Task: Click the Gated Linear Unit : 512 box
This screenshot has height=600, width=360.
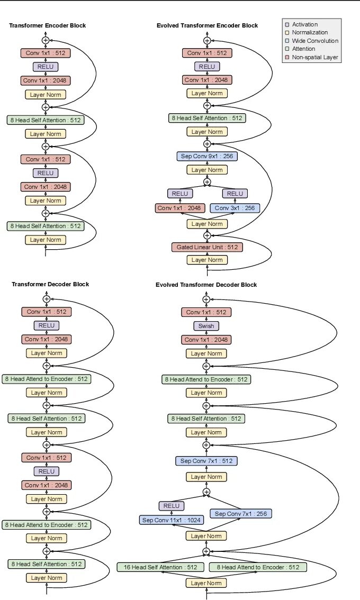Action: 207,247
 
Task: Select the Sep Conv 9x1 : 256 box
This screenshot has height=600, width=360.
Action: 207,156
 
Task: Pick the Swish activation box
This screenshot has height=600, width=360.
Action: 206,326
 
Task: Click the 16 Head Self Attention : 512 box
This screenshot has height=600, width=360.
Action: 160,567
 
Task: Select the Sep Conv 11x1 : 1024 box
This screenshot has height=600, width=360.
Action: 172,520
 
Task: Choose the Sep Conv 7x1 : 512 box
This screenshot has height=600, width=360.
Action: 206,461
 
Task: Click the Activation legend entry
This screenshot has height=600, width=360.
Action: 305,24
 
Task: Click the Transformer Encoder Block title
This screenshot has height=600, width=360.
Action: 48,25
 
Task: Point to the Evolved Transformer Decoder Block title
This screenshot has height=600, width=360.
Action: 206,285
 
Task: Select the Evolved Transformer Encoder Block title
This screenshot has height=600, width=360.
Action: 208,25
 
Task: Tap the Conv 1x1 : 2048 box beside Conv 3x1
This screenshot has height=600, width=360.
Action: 180,208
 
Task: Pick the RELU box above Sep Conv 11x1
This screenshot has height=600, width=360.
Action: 172,506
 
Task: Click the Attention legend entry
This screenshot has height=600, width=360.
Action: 303,49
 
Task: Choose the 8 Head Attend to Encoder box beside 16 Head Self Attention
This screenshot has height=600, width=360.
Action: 258,567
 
